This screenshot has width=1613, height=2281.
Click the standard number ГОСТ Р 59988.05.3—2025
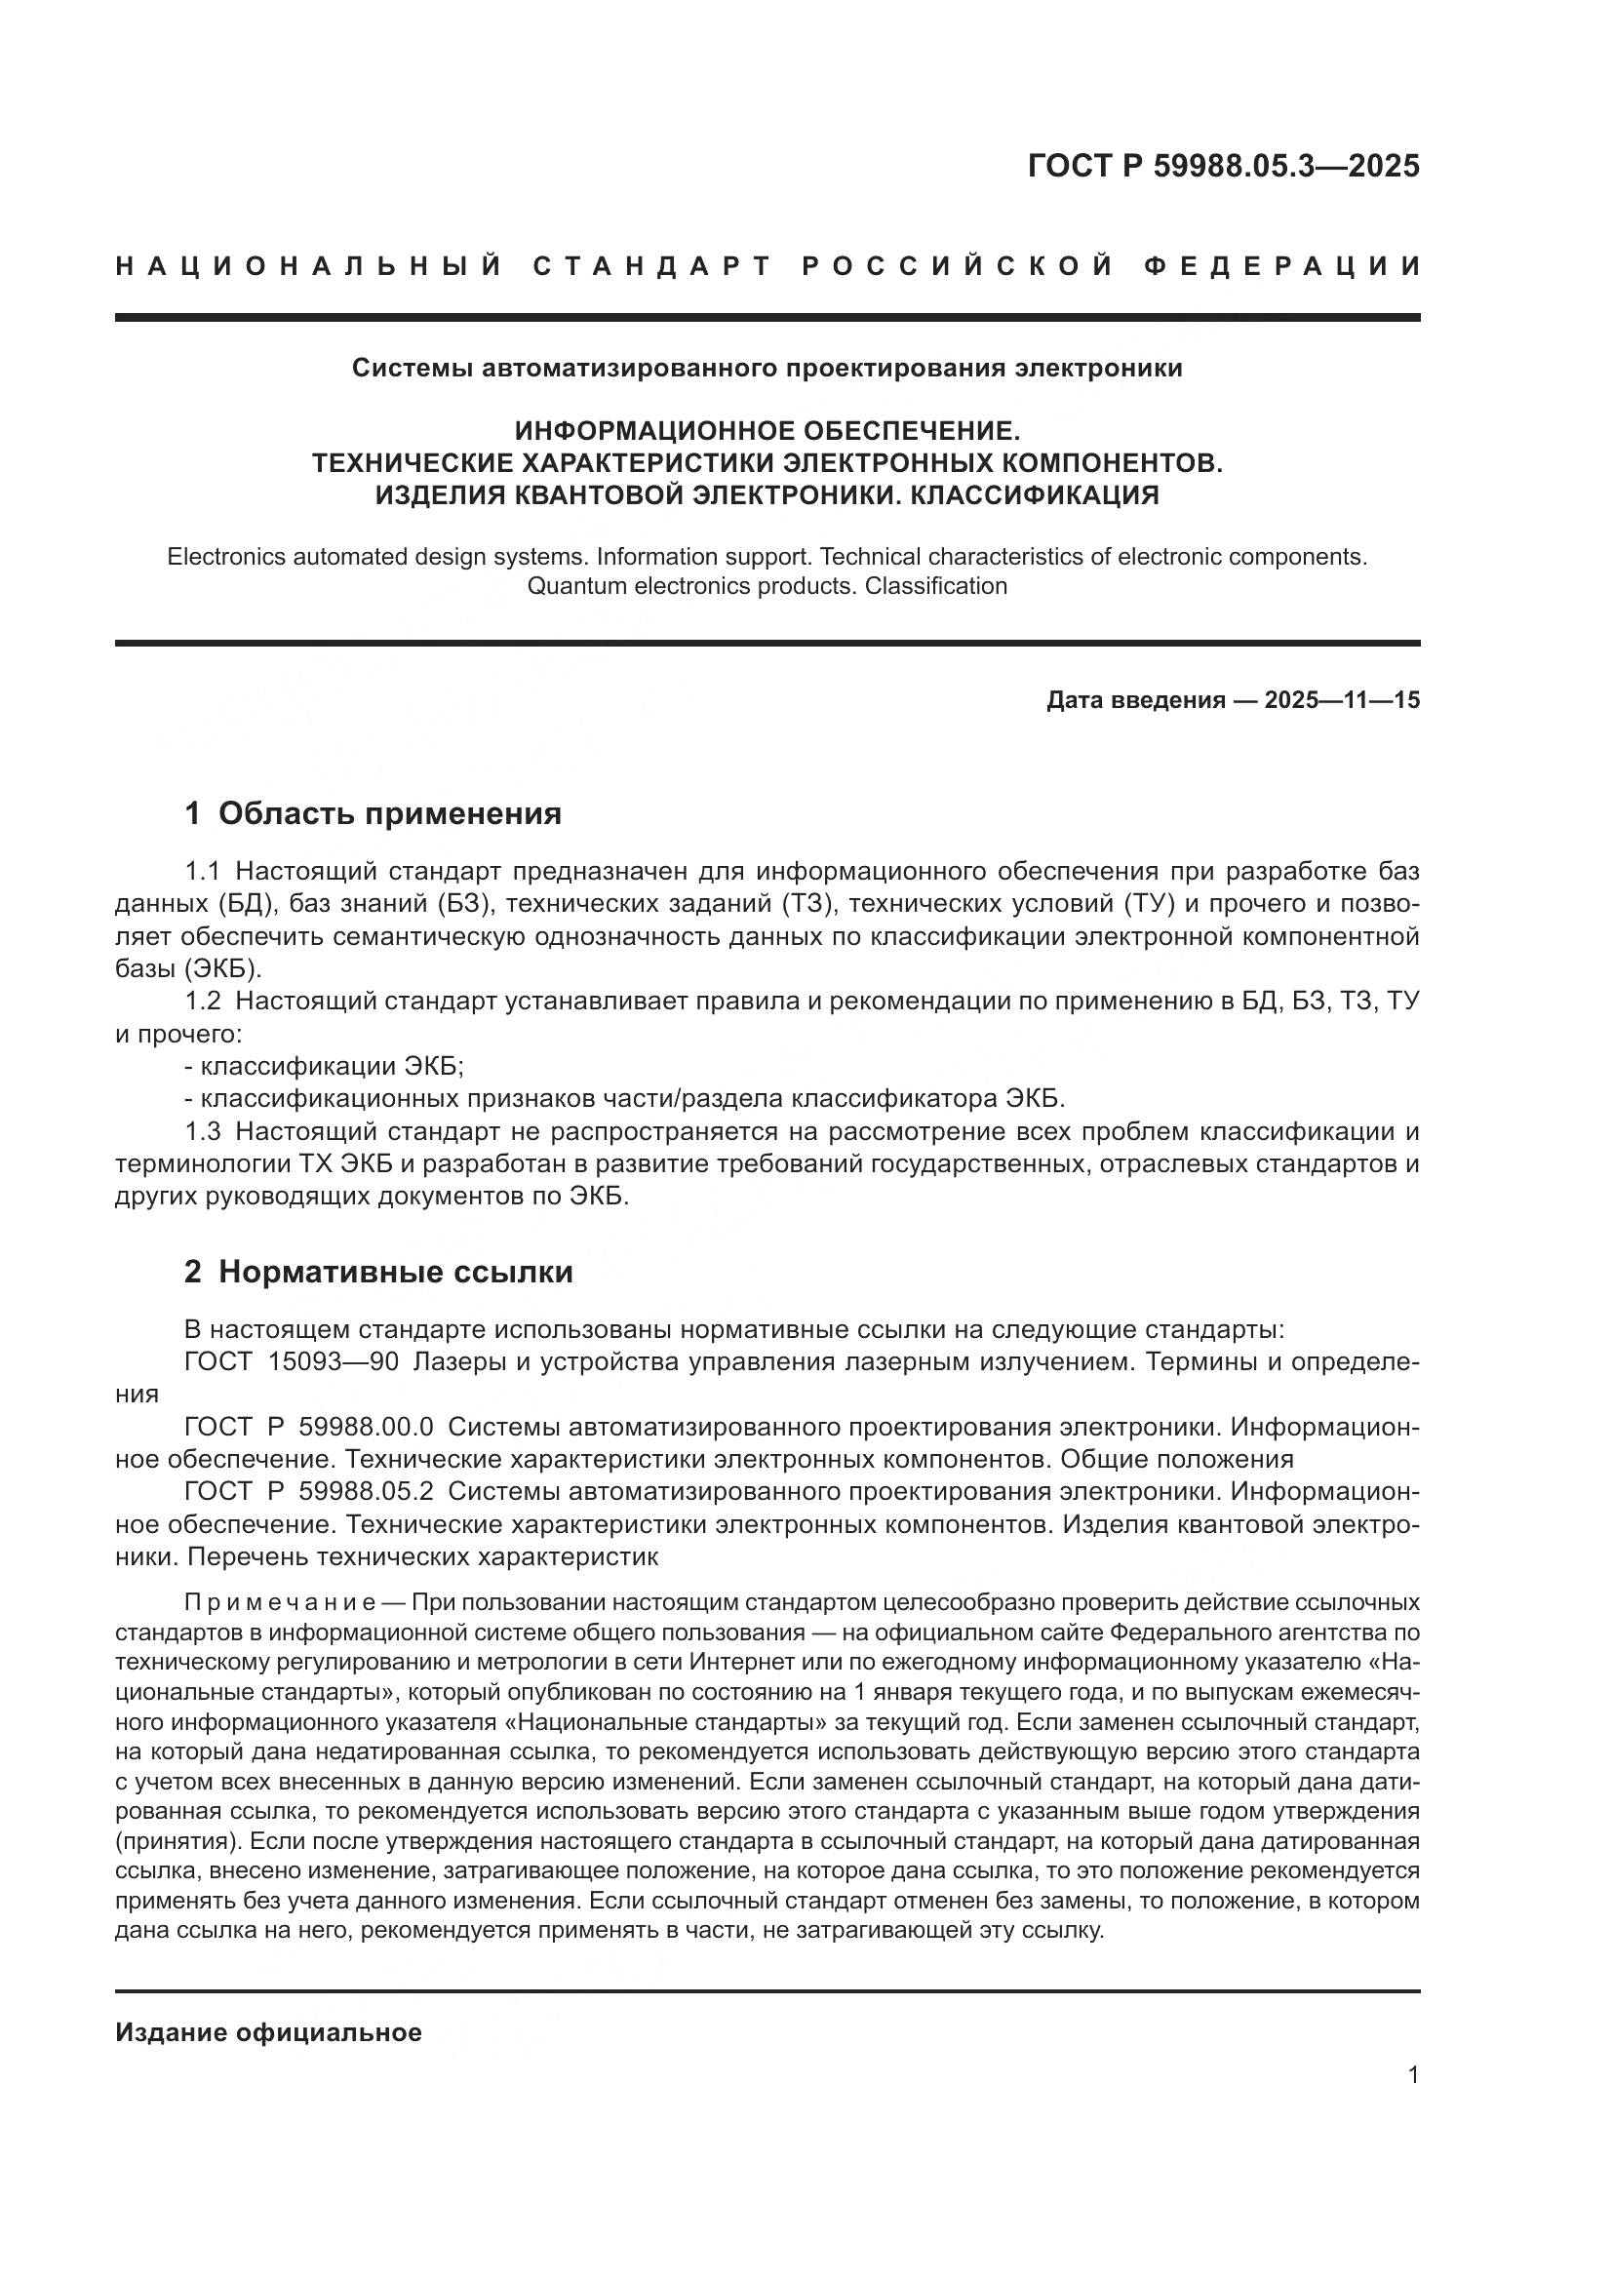point(1223,166)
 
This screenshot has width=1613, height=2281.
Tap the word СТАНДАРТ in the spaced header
point(651,266)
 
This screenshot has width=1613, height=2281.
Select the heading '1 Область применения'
point(373,812)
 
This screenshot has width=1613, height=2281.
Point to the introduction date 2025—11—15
point(1341,700)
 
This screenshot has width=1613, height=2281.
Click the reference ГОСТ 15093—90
point(291,1362)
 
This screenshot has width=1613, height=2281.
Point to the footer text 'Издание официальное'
point(268,2032)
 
